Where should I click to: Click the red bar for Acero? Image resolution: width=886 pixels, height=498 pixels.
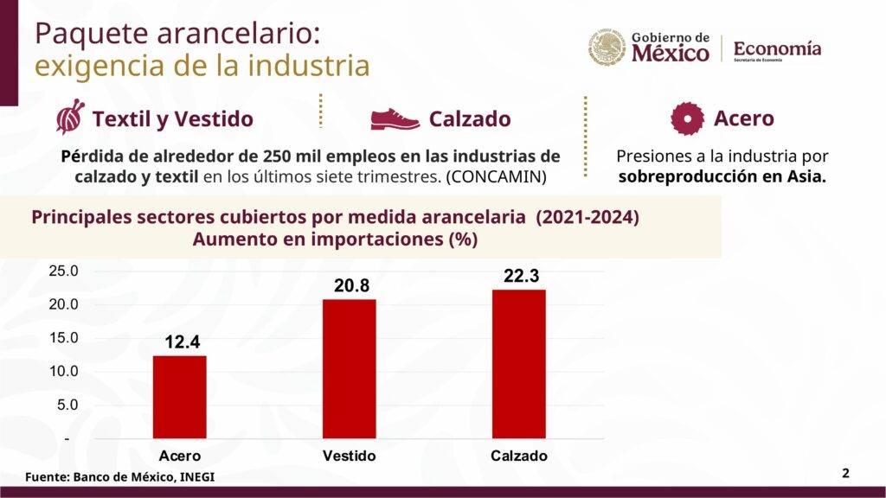(x=180, y=397)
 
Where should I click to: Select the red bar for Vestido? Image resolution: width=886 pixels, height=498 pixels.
(x=350, y=369)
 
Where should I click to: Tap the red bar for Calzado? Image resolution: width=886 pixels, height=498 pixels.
(x=519, y=364)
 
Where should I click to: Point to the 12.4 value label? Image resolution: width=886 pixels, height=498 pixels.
(x=183, y=342)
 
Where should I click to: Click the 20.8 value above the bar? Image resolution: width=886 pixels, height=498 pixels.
(x=352, y=285)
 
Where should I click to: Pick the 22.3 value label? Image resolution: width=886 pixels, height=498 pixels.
(x=522, y=276)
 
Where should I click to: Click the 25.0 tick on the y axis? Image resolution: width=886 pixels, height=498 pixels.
(x=62, y=271)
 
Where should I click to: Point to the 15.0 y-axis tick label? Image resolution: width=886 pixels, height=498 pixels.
(x=62, y=338)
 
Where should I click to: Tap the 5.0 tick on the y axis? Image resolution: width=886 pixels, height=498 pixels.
(x=66, y=405)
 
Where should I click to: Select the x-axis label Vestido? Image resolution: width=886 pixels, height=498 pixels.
(x=350, y=456)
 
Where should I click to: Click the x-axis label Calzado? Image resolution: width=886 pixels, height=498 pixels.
(x=519, y=456)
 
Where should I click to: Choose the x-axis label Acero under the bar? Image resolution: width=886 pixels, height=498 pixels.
(x=180, y=456)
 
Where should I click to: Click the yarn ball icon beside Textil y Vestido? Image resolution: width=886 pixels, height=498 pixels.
(x=69, y=118)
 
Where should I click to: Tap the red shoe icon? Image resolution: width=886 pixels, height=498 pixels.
(x=395, y=119)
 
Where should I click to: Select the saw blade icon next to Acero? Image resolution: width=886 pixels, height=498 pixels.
(x=688, y=118)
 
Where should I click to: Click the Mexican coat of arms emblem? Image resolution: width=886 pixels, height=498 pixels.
(x=607, y=48)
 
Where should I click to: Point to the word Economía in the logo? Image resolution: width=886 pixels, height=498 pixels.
(x=777, y=48)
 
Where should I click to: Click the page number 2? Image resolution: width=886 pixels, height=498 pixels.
(x=845, y=473)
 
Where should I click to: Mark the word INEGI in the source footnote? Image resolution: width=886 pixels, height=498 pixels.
(x=197, y=477)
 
